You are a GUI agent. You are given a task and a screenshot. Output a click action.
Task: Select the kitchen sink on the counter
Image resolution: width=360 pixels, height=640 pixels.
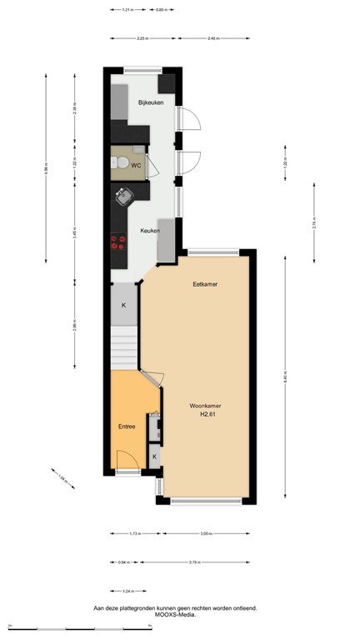123,196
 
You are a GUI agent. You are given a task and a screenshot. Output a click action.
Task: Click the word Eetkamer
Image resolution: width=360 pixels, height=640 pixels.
205,284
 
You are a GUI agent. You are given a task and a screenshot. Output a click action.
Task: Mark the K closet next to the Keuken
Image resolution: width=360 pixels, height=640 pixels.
124,306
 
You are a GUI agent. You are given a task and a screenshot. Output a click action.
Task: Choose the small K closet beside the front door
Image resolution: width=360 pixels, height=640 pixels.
154,457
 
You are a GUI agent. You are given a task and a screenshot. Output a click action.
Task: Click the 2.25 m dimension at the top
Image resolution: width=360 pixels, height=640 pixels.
142,38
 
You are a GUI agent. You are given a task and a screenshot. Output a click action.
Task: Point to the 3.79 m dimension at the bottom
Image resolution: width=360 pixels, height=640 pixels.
204,561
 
